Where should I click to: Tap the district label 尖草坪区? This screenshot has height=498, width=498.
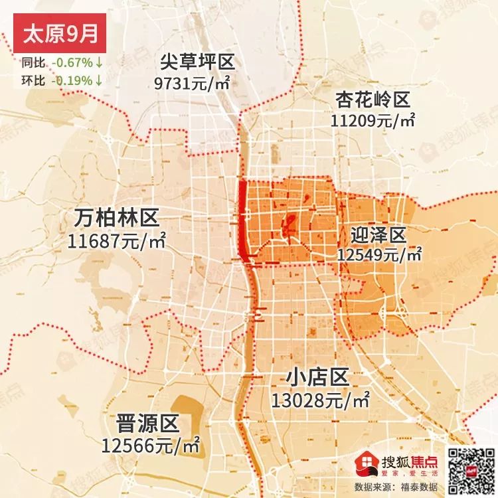pos(197,64)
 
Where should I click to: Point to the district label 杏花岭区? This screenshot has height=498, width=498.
pos(373,100)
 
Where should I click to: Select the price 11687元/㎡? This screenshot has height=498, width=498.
pos(116,239)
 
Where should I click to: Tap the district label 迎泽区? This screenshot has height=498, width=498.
pos(378,236)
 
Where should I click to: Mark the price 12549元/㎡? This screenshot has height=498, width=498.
pos(379,255)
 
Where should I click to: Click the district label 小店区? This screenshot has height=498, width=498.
pos(318,380)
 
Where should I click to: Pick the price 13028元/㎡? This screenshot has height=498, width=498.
pos(321,400)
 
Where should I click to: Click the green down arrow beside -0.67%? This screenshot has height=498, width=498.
pos(98,64)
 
